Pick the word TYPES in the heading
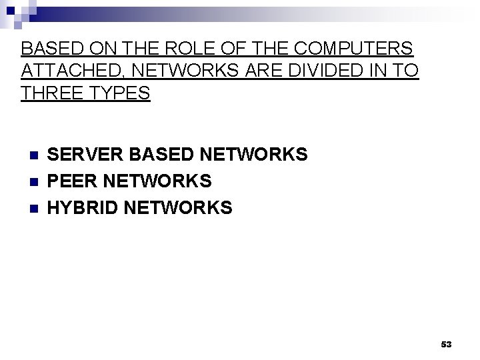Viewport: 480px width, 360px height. [118, 93]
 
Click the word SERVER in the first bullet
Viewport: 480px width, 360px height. [85, 155]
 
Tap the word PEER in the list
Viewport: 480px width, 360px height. [71, 181]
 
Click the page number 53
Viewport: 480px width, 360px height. [446, 344]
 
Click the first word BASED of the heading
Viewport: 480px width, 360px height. [49, 49]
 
